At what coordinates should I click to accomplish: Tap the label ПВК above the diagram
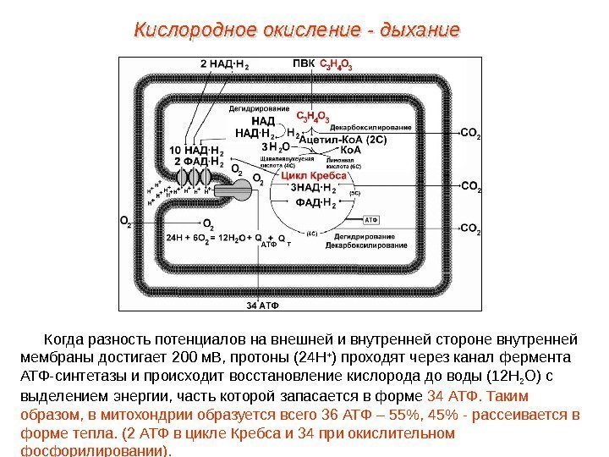pos(304,63)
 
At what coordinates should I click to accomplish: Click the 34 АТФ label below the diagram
pos(262,303)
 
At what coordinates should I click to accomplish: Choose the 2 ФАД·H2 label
pos(199,161)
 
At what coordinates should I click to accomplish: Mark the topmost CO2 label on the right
pos(471,133)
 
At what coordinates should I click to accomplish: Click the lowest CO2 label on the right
pos(471,228)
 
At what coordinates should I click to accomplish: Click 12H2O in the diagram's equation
pos(232,238)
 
